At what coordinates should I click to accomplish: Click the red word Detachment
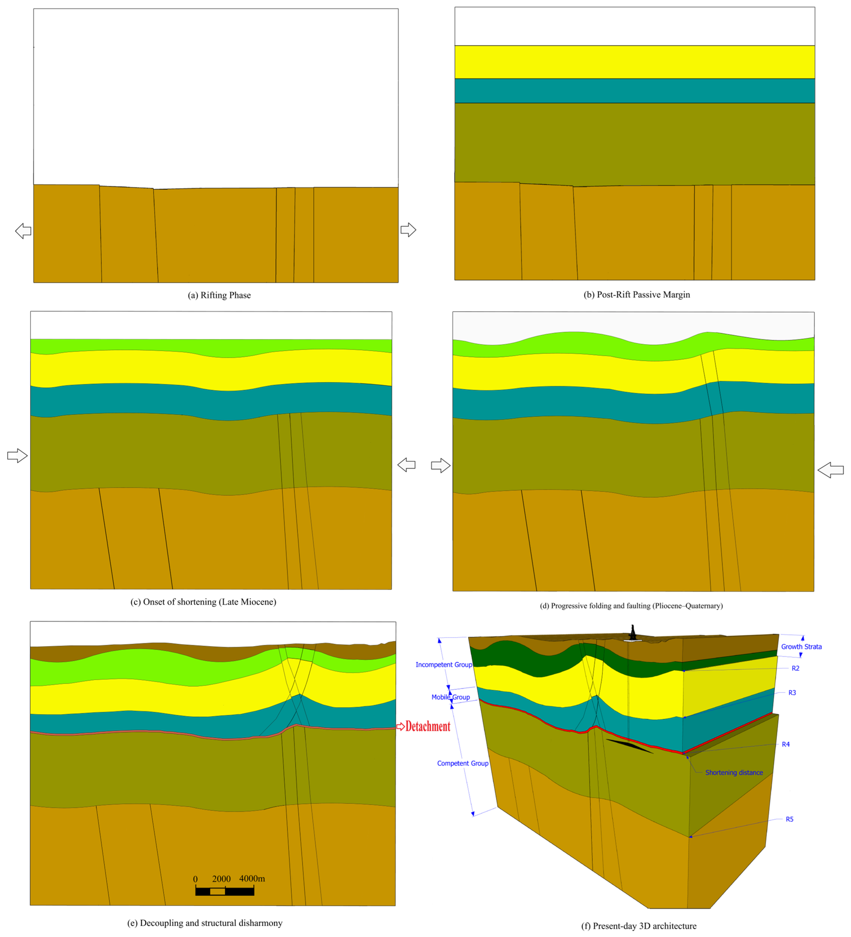pyautogui.click(x=428, y=727)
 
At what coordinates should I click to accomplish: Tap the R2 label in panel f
pyautogui.click(x=795, y=668)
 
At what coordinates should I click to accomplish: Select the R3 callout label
pyautogui.click(x=792, y=692)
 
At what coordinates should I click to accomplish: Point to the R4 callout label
pyautogui.click(x=786, y=744)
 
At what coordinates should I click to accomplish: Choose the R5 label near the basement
pyautogui.click(x=789, y=819)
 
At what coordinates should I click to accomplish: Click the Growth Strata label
pyautogui.click(x=801, y=646)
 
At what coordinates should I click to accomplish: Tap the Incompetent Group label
pyautogui.click(x=443, y=665)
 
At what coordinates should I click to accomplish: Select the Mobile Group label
pyautogui.click(x=450, y=697)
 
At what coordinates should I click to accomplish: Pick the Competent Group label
pyautogui.click(x=462, y=763)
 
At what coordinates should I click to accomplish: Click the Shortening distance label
pyautogui.click(x=734, y=773)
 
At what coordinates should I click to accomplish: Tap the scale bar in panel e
pyautogui.click(x=225, y=891)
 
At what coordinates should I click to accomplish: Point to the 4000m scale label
pyautogui.click(x=252, y=878)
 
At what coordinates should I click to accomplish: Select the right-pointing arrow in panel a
pyautogui.click(x=408, y=229)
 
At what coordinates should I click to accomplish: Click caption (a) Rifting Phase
pyautogui.click(x=219, y=295)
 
